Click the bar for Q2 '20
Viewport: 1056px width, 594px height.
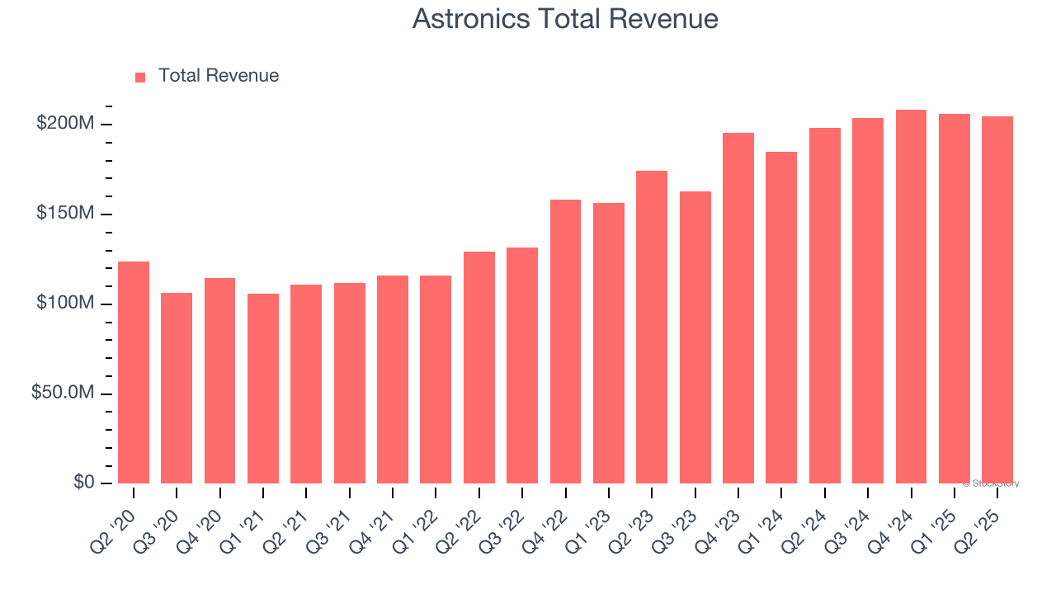point(134,372)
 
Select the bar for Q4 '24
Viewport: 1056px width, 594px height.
point(911,296)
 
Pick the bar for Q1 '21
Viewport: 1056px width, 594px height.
point(263,388)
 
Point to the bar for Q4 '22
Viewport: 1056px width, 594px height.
point(565,341)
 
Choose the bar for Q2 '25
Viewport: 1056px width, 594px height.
point(997,299)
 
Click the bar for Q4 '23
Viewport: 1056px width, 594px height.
point(738,308)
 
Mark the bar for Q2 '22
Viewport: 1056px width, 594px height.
point(479,367)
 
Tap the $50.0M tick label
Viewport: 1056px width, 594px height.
point(63,393)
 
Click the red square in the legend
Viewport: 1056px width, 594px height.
point(140,77)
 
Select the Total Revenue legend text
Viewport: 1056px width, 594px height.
point(219,76)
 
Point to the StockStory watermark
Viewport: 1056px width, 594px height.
point(991,483)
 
